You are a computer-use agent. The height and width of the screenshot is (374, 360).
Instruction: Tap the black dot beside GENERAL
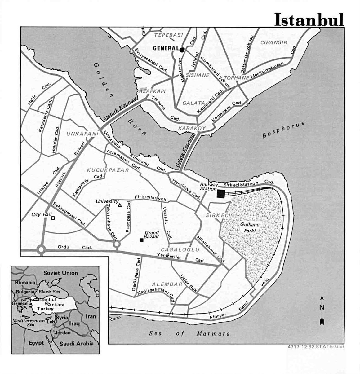pos(182,50)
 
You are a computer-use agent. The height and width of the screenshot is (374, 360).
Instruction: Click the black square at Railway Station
pos(221,194)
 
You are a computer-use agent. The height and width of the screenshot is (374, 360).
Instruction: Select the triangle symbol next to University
pos(120,205)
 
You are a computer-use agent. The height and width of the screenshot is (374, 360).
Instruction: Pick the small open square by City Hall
pos(53,218)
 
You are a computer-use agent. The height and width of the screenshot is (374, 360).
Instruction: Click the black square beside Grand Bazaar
pos(142,240)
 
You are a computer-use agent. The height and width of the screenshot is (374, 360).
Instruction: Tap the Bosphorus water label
pos(282,130)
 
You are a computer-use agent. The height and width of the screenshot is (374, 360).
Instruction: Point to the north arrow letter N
pos(322,307)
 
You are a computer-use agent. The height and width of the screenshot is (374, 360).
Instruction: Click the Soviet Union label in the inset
pos(60,273)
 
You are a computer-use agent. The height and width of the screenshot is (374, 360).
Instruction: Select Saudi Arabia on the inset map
pos(77,343)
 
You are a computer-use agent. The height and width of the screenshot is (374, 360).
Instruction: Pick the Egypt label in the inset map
pos(36,343)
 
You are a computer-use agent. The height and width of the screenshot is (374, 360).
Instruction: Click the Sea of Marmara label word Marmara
pos(213,334)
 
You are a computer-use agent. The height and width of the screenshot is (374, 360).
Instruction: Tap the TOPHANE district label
pos(236,78)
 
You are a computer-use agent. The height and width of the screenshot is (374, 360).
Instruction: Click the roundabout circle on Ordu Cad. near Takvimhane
pos(116,244)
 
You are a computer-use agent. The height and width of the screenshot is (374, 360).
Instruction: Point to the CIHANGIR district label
pos(273,42)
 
